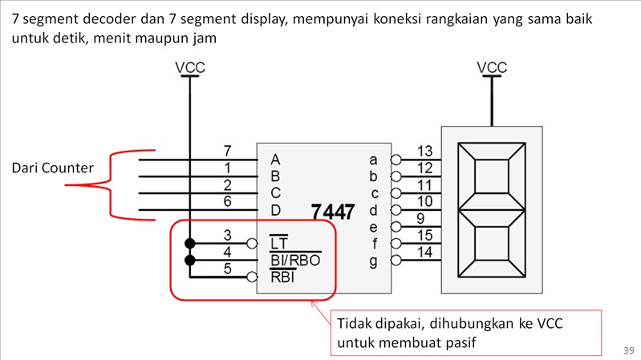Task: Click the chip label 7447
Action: click(333, 212)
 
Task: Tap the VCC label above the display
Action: click(491, 68)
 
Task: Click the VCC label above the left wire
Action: click(190, 68)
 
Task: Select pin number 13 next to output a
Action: click(425, 151)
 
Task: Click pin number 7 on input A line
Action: click(227, 151)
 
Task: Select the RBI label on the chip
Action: click(282, 277)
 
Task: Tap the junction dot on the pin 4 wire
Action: click(190, 261)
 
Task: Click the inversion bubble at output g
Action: click(396, 261)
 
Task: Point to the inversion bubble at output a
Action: click(396, 160)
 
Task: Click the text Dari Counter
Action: click(53, 168)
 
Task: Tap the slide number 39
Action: click(628, 350)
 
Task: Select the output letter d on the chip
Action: click(373, 210)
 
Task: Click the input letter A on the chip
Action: click(275, 159)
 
